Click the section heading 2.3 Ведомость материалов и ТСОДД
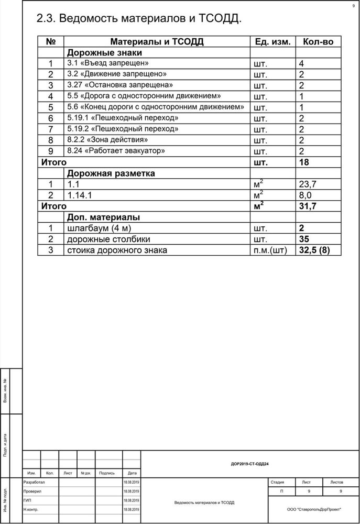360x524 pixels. (139, 19)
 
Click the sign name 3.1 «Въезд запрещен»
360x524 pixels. (105, 63)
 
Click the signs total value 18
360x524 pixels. (303, 162)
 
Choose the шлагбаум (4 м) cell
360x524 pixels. (100, 228)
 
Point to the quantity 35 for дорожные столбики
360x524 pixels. (304, 239)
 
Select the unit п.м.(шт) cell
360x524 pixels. (270, 250)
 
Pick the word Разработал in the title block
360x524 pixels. (36, 482)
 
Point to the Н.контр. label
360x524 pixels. (31, 509)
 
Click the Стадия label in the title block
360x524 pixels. (278, 482)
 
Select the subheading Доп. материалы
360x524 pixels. (103, 217)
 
